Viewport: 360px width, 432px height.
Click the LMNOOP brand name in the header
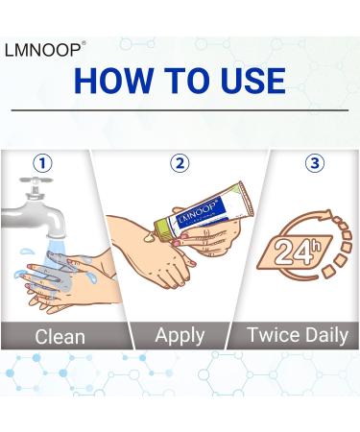pos(45,45)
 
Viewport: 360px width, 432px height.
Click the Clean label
pos(59,336)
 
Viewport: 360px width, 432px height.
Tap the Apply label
pos(180,335)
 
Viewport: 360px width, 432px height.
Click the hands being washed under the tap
pos(53,278)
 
